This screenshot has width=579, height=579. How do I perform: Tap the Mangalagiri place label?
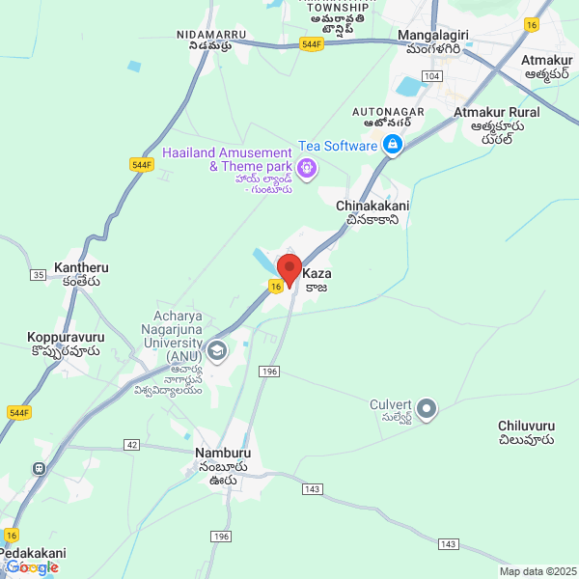[433, 36]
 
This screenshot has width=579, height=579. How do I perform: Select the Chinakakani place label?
[372, 207]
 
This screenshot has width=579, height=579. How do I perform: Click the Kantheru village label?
[81, 266]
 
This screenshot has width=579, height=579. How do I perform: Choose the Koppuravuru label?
[66, 338]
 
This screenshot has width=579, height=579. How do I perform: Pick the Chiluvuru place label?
[526, 426]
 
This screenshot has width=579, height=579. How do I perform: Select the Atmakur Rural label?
[497, 113]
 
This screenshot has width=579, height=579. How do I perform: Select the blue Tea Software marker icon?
[393, 146]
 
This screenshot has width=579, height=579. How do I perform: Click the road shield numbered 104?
[432, 75]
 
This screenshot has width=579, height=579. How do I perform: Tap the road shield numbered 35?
[38, 275]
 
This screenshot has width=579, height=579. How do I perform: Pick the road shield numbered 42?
[131, 444]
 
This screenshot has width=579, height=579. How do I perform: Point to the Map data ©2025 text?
[537, 571]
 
